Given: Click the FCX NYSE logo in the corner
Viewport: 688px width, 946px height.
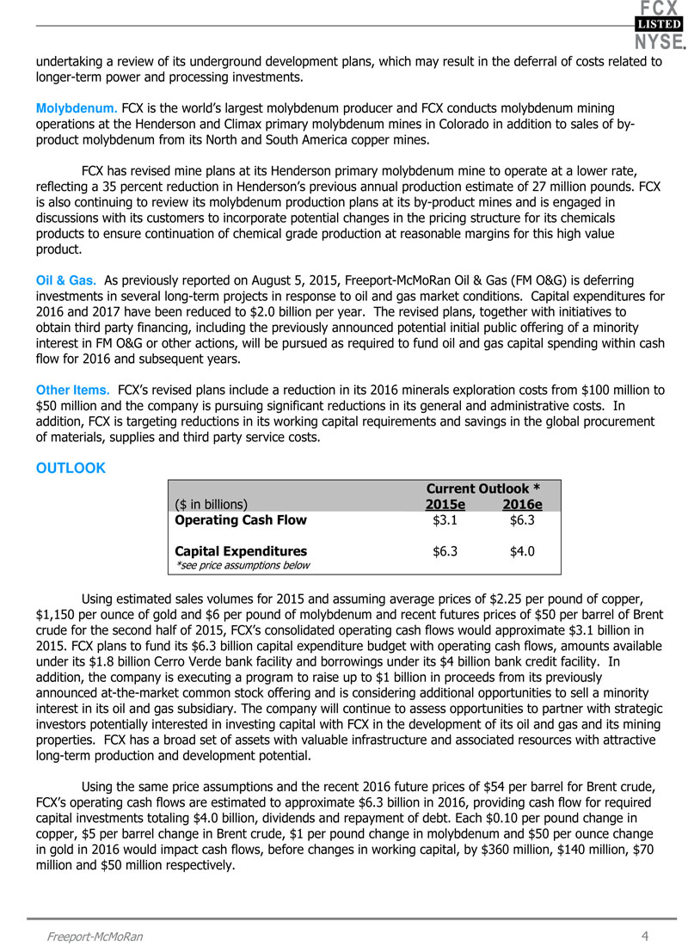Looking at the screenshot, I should coord(660,25).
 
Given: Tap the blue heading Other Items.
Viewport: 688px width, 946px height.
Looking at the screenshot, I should coord(72,390).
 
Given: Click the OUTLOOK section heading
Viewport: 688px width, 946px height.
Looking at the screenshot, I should coord(71,469).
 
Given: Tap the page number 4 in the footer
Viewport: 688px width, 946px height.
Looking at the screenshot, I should coord(644,936).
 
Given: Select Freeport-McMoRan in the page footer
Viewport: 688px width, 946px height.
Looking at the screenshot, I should coord(95,937).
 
